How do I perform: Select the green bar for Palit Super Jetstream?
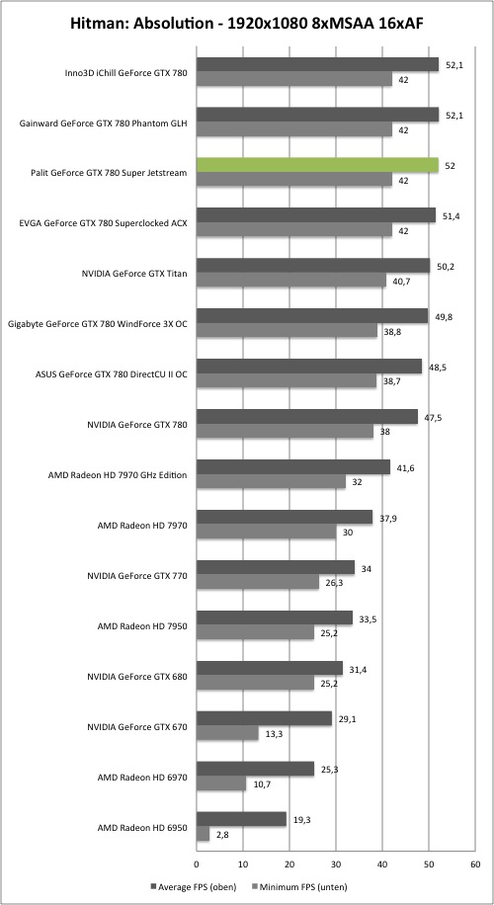pos(317,165)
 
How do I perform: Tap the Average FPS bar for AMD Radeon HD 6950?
pos(241,819)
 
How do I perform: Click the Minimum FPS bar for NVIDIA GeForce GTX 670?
pos(227,733)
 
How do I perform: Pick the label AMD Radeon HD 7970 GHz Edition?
pos(118,475)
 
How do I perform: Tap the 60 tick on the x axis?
pos(475,864)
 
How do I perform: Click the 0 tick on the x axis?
pos(197,864)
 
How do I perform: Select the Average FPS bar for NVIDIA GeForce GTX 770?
pos(276,567)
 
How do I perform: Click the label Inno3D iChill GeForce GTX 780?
pos(126,73)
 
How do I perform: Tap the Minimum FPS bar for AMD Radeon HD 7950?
pos(256,632)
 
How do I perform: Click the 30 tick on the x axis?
pos(336,864)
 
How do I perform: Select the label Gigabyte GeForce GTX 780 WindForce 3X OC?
pos(98,324)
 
